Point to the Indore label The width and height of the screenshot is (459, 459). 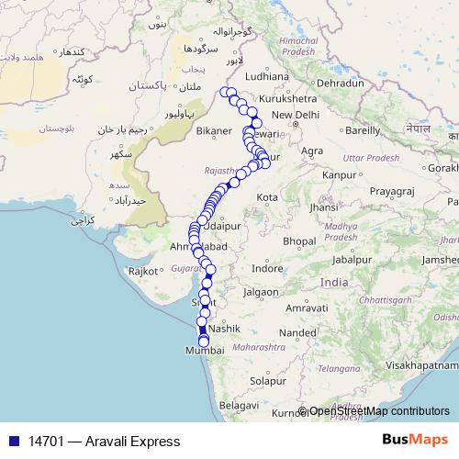click(268, 269)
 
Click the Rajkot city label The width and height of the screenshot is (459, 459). click(143, 271)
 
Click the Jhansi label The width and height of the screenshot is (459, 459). click(323, 207)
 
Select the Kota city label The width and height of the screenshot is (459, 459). click(267, 197)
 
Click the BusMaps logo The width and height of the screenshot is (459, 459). click(415, 441)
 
